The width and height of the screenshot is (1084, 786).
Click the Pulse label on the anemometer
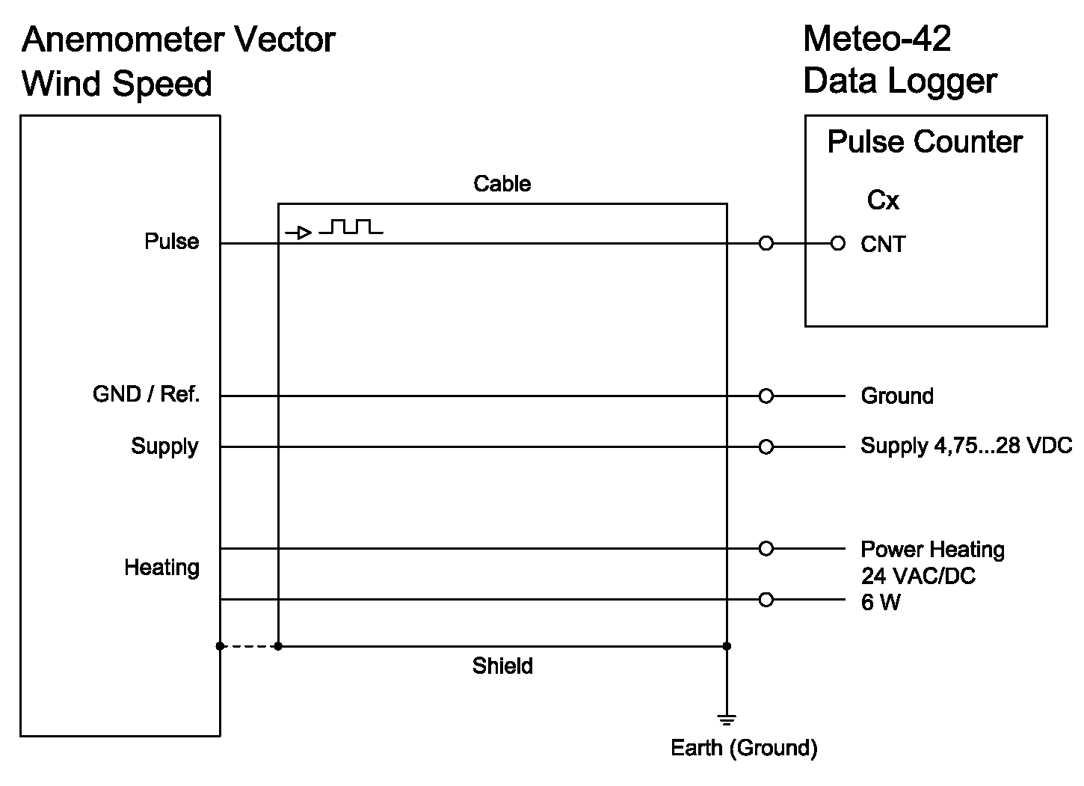point(171,242)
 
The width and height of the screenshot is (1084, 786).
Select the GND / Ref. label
point(146,394)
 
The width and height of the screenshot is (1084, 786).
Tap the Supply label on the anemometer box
point(164,446)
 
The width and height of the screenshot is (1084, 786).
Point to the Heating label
point(161,567)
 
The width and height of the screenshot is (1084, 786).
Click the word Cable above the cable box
point(502,184)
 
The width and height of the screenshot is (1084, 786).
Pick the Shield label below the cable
point(502,666)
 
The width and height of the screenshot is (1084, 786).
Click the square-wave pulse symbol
point(351,227)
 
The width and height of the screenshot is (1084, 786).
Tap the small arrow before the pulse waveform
point(299,233)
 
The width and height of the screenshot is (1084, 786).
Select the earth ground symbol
point(727,720)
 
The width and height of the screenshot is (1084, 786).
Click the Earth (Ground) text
point(744,748)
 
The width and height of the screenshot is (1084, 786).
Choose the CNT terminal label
point(883,245)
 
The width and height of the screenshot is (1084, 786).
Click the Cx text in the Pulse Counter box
point(883,200)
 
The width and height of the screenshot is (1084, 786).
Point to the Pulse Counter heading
point(925,142)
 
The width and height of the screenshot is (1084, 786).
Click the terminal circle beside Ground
point(766,396)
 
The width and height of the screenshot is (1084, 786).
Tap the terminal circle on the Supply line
point(766,447)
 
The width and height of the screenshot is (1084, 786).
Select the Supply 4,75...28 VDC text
point(966,446)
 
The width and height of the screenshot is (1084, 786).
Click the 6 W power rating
point(881,602)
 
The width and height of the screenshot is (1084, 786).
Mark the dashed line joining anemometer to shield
point(249,646)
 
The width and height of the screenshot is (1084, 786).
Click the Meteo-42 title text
point(876,39)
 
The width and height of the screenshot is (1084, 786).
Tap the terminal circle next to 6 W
point(766,600)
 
